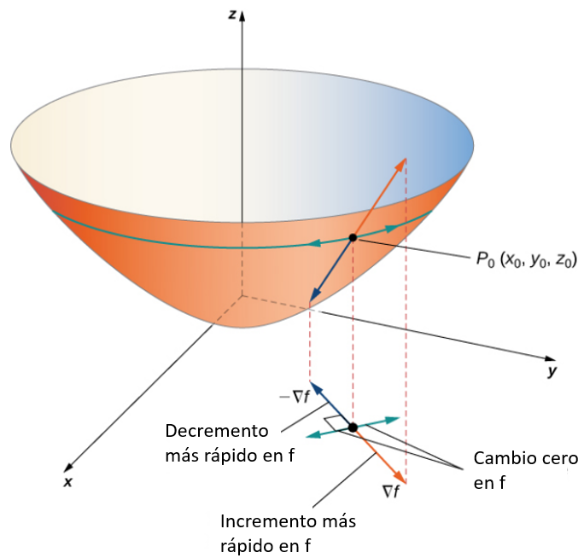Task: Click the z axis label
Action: tap(232, 15)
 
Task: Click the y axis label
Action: tap(552, 371)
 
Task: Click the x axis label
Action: tap(67, 482)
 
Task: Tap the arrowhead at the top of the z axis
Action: tap(242, 16)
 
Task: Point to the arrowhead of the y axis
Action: tap(550, 358)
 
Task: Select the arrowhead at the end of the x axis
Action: tap(68, 468)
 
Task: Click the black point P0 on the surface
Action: tap(353, 237)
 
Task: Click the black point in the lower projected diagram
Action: tap(353, 427)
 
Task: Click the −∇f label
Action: tap(295, 398)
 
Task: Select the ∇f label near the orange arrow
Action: tap(391, 492)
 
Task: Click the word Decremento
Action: tap(217, 431)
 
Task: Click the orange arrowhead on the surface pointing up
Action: tap(401, 164)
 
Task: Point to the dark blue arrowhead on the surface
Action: tap(314, 295)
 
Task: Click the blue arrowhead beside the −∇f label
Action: tap(315, 387)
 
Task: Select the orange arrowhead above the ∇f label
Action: tap(400, 477)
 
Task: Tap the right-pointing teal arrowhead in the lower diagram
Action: tap(392, 420)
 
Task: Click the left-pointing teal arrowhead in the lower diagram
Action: tap(312, 435)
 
